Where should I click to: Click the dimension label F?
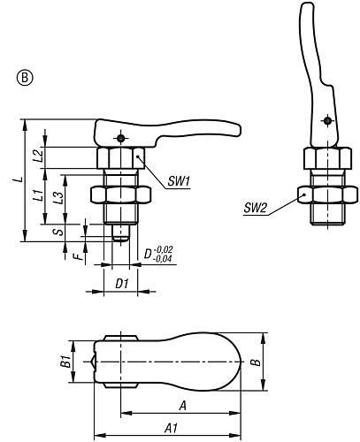coord(77,258)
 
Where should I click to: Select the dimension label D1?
coord(123,284)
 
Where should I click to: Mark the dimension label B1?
coord(65,362)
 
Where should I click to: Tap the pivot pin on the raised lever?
coord(327,122)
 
